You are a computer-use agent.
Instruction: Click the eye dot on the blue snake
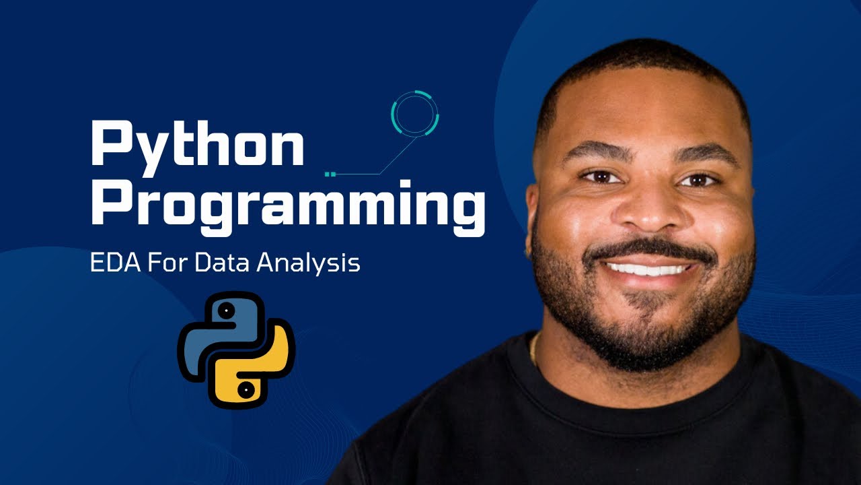click(227, 311)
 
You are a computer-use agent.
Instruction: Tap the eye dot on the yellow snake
click(247, 389)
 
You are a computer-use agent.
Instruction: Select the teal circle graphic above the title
click(415, 113)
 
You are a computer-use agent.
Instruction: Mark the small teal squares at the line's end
click(329, 174)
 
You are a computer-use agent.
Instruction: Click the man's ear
click(533, 222)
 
